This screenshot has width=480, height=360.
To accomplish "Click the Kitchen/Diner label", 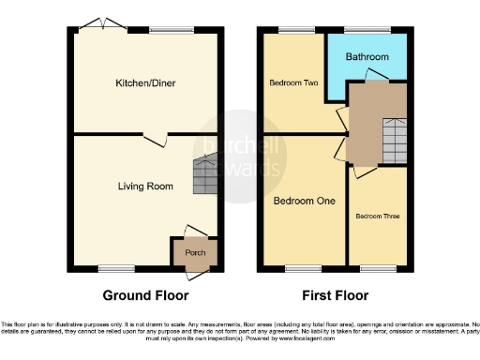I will (x=145, y=83).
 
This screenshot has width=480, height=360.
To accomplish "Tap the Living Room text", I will (x=145, y=187).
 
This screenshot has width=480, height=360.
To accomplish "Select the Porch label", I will (x=195, y=253).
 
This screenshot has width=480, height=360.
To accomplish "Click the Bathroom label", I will (x=367, y=57).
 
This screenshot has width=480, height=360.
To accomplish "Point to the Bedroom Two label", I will (x=293, y=83).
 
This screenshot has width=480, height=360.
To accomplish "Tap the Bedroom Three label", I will (x=377, y=217).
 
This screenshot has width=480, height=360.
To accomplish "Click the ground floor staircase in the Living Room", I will (x=205, y=175).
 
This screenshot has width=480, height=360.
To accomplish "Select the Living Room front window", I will (x=112, y=270).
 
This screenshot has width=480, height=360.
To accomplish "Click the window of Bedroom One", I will (x=298, y=270).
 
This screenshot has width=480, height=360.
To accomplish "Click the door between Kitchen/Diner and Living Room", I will (x=157, y=138).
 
